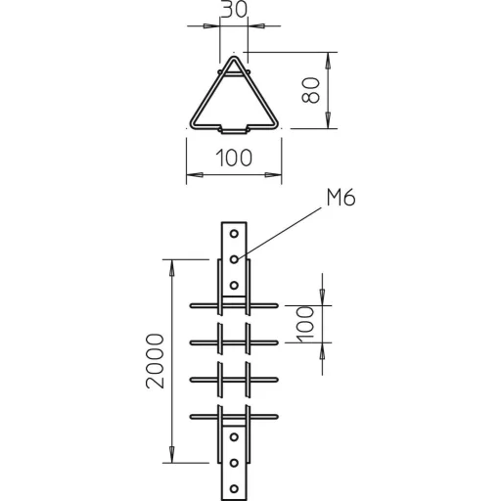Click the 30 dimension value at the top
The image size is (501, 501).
pyautogui.click(x=234, y=10)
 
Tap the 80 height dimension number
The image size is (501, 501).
pyautogui.click(x=310, y=90)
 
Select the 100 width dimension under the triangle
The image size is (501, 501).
pyautogui.click(x=234, y=158)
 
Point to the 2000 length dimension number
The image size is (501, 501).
pyautogui.click(x=155, y=361)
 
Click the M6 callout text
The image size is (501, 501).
pyautogui.click(x=341, y=198)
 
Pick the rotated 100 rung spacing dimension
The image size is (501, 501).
pyautogui.click(x=305, y=324)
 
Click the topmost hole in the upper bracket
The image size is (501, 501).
pyautogui.click(x=234, y=234)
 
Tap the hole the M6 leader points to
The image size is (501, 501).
pyautogui.click(x=234, y=259)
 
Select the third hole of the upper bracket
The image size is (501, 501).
pyautogui.click(x=234, y=286)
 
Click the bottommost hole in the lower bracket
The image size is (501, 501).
pyautogui.click(x=234, y=488)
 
